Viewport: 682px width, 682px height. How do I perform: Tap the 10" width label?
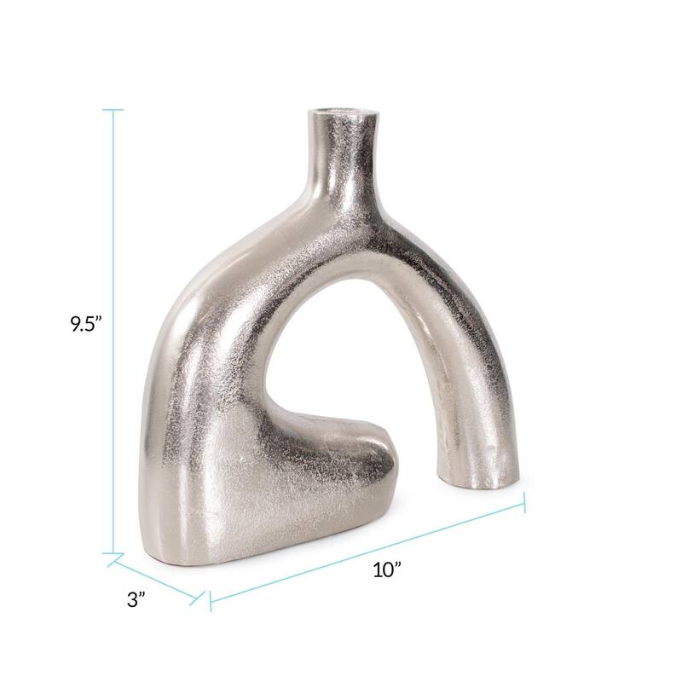[x=387, y=570]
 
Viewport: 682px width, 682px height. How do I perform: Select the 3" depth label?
[x=136, y=599]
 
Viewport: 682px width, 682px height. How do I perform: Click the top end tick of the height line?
[x=113, y=110]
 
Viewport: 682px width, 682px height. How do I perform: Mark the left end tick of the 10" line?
[x=211, y=601]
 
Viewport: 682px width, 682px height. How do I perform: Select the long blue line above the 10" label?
[x=367, y=552]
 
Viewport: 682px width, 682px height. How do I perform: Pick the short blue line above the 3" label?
[x=158, y=577]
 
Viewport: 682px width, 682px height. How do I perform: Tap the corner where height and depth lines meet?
[x=113, y=556]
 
